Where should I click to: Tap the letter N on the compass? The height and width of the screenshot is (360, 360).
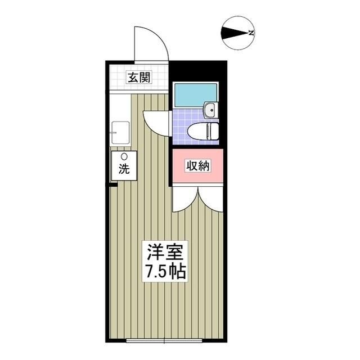pos(251,33)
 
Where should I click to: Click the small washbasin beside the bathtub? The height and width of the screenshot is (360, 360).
pos(210,110)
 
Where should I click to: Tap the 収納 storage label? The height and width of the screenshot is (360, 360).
pos(199,165)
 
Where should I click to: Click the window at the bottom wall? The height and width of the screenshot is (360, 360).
pos(163,341)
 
